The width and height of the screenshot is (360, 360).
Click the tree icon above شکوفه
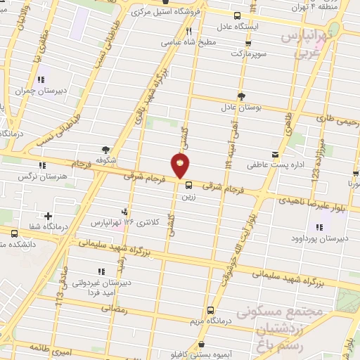105,149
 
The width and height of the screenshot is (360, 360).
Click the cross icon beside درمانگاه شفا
48,217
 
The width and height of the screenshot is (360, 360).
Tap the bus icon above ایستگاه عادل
237,15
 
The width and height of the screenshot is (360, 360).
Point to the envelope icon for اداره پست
275,155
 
